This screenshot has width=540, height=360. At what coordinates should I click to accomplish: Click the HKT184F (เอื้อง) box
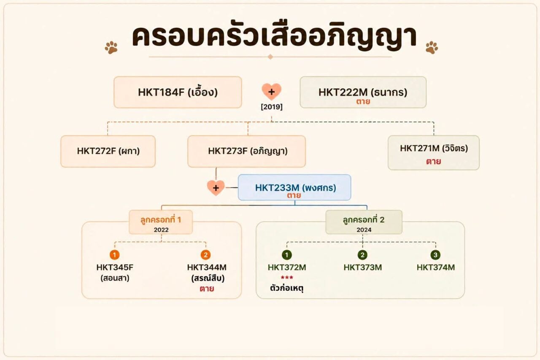tap(178, 92)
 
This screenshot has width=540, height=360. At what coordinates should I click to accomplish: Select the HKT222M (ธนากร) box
tap(363, 92)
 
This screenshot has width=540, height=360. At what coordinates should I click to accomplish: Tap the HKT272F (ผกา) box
tap(108, 151)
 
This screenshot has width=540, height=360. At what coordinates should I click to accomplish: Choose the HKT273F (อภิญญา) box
tap(247, 151)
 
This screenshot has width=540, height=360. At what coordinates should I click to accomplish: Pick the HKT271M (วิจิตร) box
tap(434, 153)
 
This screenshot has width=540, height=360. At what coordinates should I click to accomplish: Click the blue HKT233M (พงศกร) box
tap(294, 187)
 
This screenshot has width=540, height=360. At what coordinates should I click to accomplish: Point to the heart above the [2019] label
tap(271, 92)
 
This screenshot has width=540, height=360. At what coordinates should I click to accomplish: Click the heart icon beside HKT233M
tap(216, 187)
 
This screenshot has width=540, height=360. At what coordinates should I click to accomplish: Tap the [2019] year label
tap(272, 107)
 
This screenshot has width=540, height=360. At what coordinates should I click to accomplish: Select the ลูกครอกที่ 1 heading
tap(161, 219)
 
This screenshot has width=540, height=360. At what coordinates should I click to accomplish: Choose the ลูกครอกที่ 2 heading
tap(364, 219)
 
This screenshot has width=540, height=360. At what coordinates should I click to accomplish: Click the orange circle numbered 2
tap(205, 255)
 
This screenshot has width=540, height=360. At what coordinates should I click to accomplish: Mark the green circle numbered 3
tap(435, 255)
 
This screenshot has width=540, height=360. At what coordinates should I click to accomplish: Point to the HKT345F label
tap(115, 268)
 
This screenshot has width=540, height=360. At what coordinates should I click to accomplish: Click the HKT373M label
tap(362, 268)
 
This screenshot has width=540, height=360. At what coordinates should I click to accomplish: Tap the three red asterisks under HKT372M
tap(287, 278)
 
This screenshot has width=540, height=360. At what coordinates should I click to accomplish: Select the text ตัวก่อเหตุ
tap(286, 288)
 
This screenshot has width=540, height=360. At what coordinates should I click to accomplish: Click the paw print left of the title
tap(111, 47)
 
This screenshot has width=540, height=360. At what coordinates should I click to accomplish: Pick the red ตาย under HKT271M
tap(433, 161)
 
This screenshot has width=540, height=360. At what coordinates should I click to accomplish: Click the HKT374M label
tap(436, 268)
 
